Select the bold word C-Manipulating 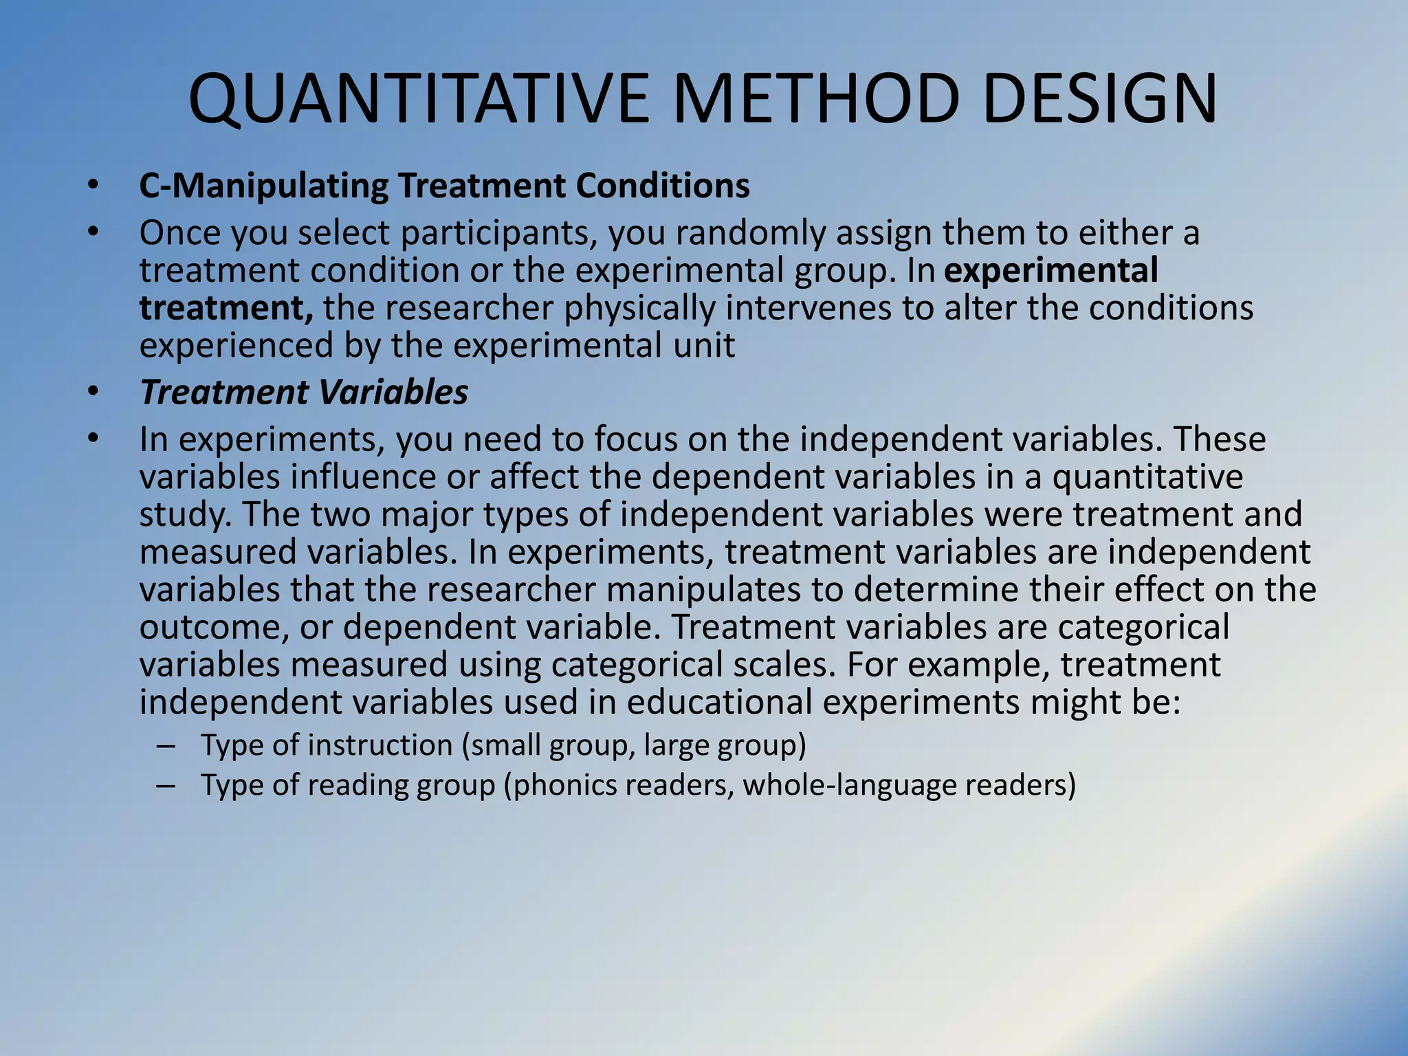(x=264, y=186)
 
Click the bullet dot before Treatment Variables (x=93, y=393)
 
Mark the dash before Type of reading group (x=166, y=786)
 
